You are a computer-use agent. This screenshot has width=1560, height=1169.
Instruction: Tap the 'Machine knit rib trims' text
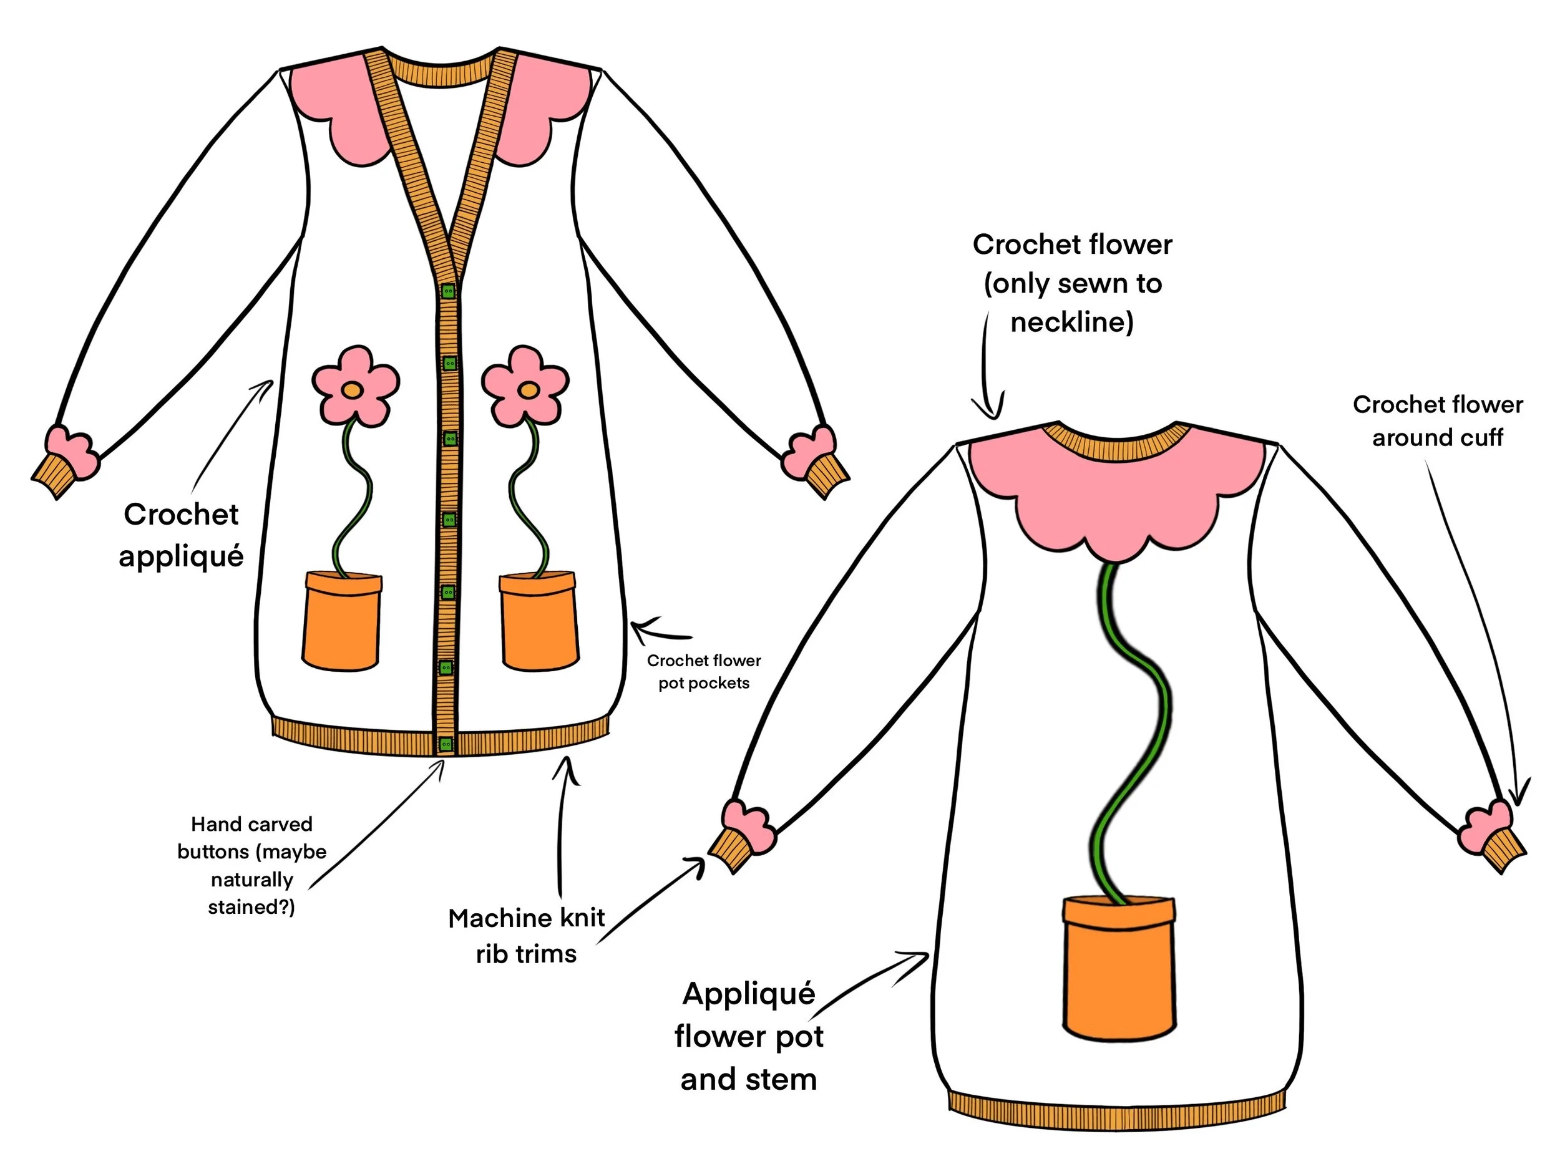(x=526, y=936)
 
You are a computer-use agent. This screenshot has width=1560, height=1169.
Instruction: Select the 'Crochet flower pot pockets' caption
(x=704, y=671)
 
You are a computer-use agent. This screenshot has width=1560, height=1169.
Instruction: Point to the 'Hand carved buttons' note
(x=251, y=865)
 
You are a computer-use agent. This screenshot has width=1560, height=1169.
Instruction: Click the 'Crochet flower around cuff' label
(x=1437, y=421)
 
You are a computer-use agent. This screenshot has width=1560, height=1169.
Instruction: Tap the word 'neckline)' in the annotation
(x=1072, y=323)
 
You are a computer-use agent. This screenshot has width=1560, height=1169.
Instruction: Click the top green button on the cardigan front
(x=448, y=291)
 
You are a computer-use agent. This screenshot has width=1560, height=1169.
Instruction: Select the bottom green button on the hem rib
(x=446, y=743)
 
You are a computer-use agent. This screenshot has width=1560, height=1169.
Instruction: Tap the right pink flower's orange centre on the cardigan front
(x=527, y=389)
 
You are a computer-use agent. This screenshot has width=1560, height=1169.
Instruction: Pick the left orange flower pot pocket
(x=342, y=621)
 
